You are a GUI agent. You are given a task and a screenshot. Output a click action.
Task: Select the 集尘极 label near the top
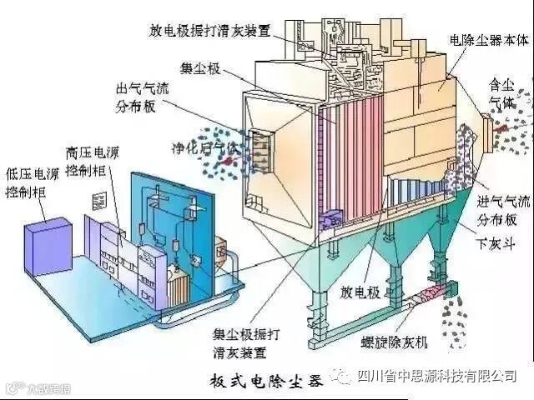tap(200, 68)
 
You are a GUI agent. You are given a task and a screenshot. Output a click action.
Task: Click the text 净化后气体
tap(204, 147)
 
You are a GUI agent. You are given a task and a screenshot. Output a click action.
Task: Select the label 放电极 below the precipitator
tap(358, 292)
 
